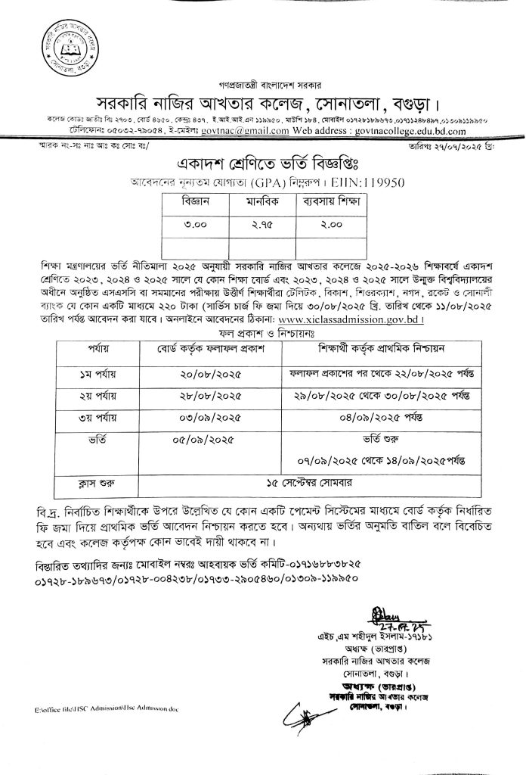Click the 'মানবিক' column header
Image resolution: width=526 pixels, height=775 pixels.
pyautogui.click(x=263, y=204)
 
